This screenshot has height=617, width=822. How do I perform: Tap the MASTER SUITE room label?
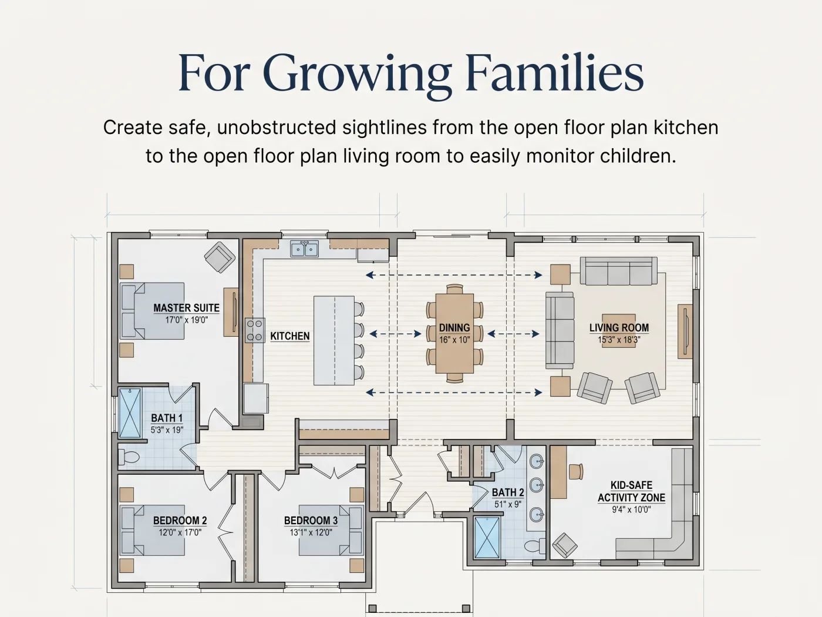pos(187,308)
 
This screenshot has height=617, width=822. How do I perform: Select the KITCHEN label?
pos(290,336)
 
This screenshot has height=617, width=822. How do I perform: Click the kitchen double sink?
pos(305,249)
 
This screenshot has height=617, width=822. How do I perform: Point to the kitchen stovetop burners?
pos(255,330)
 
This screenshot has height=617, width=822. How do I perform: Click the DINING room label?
pos(454,328)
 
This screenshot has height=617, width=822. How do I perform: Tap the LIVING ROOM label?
pos(619,328)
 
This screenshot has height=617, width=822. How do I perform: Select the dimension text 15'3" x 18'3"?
pos(619,340)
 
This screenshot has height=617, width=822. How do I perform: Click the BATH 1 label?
pos(167,418)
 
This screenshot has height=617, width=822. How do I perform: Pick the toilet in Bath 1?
pos(129,457)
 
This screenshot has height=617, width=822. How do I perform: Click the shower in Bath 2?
pos(487,538)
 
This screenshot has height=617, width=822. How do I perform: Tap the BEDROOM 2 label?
pos(180,521)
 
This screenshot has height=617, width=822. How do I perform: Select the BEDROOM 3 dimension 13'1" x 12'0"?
pos(311,532)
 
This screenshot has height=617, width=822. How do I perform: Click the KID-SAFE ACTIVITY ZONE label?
pos(631,491)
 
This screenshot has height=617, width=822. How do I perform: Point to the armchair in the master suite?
pos(220,257)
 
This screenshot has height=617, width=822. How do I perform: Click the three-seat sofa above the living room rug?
pos(619,271)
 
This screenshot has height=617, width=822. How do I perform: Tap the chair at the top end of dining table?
pos(454,289)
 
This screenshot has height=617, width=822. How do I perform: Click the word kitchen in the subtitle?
pos(686,128)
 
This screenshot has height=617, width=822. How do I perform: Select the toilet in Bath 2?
pos(535,545)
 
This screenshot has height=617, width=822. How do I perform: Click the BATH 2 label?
pos(508,492)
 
